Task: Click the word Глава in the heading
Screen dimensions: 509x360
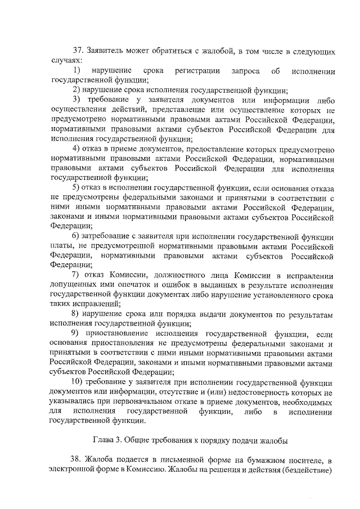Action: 103,438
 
